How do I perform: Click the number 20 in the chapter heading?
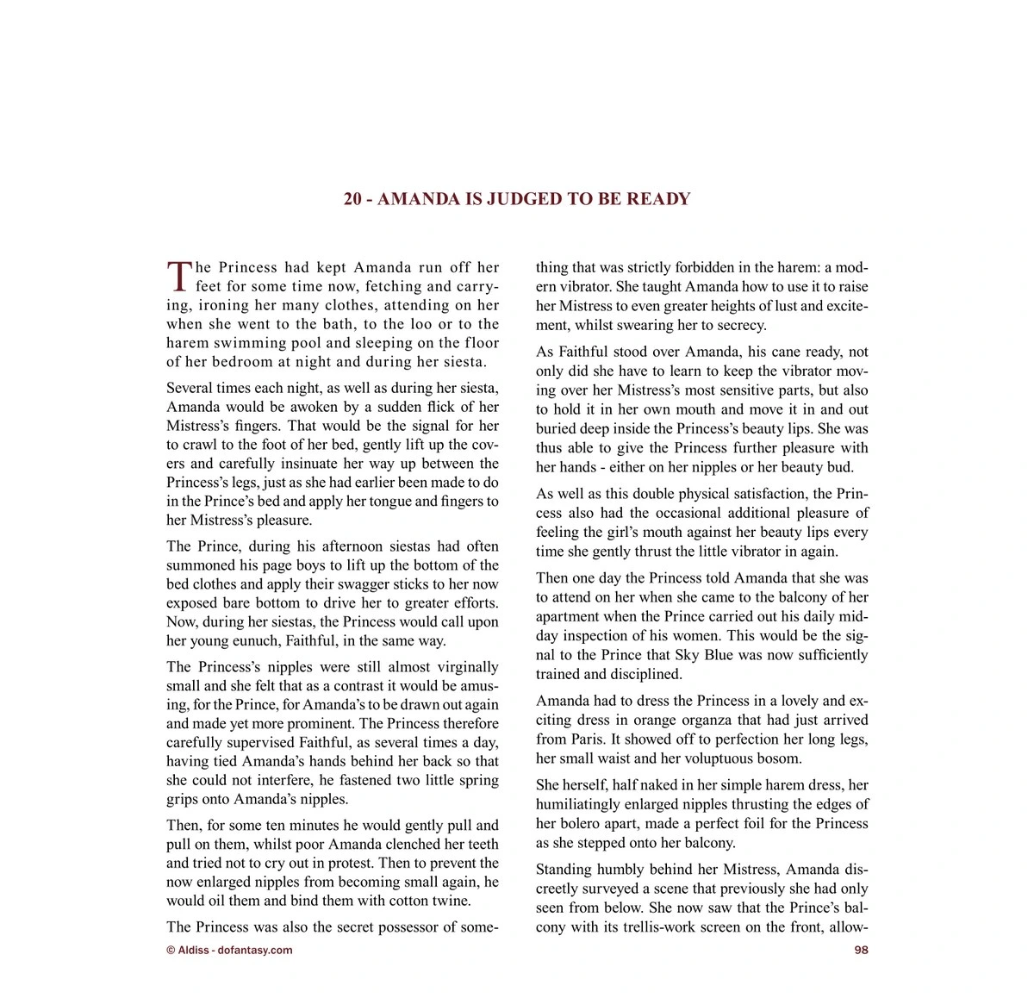(352, 199)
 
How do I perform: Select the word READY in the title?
(658, 199)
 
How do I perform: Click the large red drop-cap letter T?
(178, 276)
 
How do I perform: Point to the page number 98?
(861, 950)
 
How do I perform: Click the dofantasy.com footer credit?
(229, 950)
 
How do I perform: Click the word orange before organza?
(678, 720)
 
